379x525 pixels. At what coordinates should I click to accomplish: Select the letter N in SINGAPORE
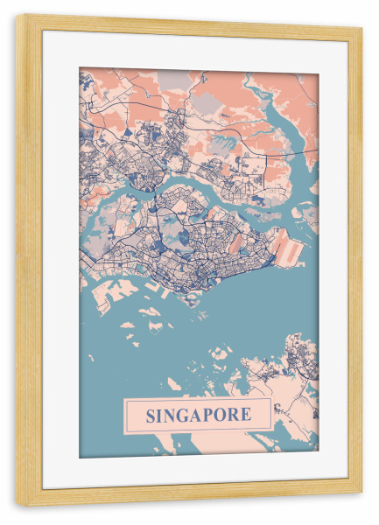coord(174,414)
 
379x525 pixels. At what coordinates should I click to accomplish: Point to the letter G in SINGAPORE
coord(189,414)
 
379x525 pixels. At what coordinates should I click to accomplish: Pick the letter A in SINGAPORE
coord(203,414)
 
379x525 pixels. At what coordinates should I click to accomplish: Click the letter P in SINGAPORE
coord(215,414)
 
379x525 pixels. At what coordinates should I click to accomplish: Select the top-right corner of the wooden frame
coord(361,27)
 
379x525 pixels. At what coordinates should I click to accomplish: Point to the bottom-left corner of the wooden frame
coord(18,504)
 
